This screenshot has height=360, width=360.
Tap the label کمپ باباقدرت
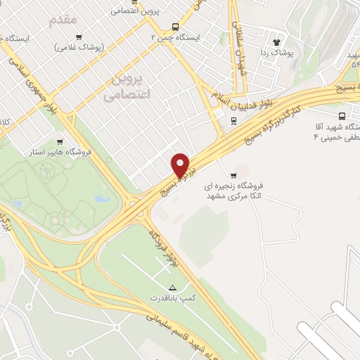click(x=174, y=299)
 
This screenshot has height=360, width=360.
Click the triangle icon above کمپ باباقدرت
click(x=173, y=287)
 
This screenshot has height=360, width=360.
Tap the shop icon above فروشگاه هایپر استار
click(x=69, y=141)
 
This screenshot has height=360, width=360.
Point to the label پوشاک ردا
click(x=276, y=53)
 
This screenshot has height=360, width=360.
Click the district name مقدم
click(x=63, y=20)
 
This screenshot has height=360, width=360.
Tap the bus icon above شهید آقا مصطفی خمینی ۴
click(x=342, y=117)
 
